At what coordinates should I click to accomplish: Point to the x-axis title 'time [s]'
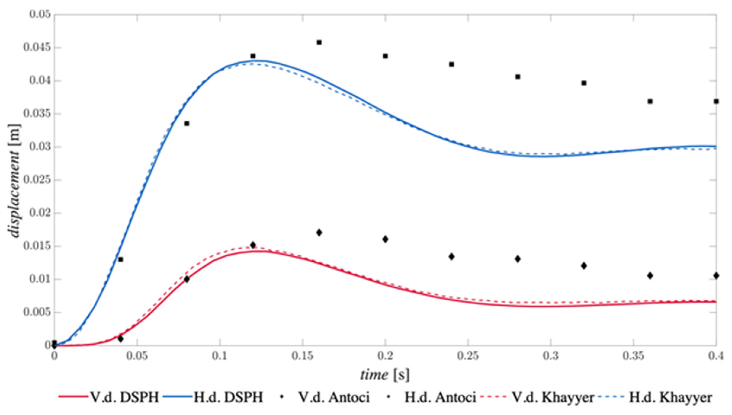pos(385,375)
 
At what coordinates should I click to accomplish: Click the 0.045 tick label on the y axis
pos(37,47)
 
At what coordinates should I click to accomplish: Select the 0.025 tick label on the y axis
pos(37,180)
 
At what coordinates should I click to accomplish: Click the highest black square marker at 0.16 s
pos(319,42)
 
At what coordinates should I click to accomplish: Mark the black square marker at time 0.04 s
pos(121,260)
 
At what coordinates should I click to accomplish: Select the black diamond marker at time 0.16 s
pos(319,233)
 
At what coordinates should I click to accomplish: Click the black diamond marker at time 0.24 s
pos(451,257)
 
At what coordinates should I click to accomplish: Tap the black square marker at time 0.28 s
pos(518,77)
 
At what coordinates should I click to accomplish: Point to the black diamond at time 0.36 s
pos(650,276)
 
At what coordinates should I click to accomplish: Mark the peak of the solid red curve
pos(261,251)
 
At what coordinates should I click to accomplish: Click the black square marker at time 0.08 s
pos(187,123)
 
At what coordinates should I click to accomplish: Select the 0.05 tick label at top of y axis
pos(40,14)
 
